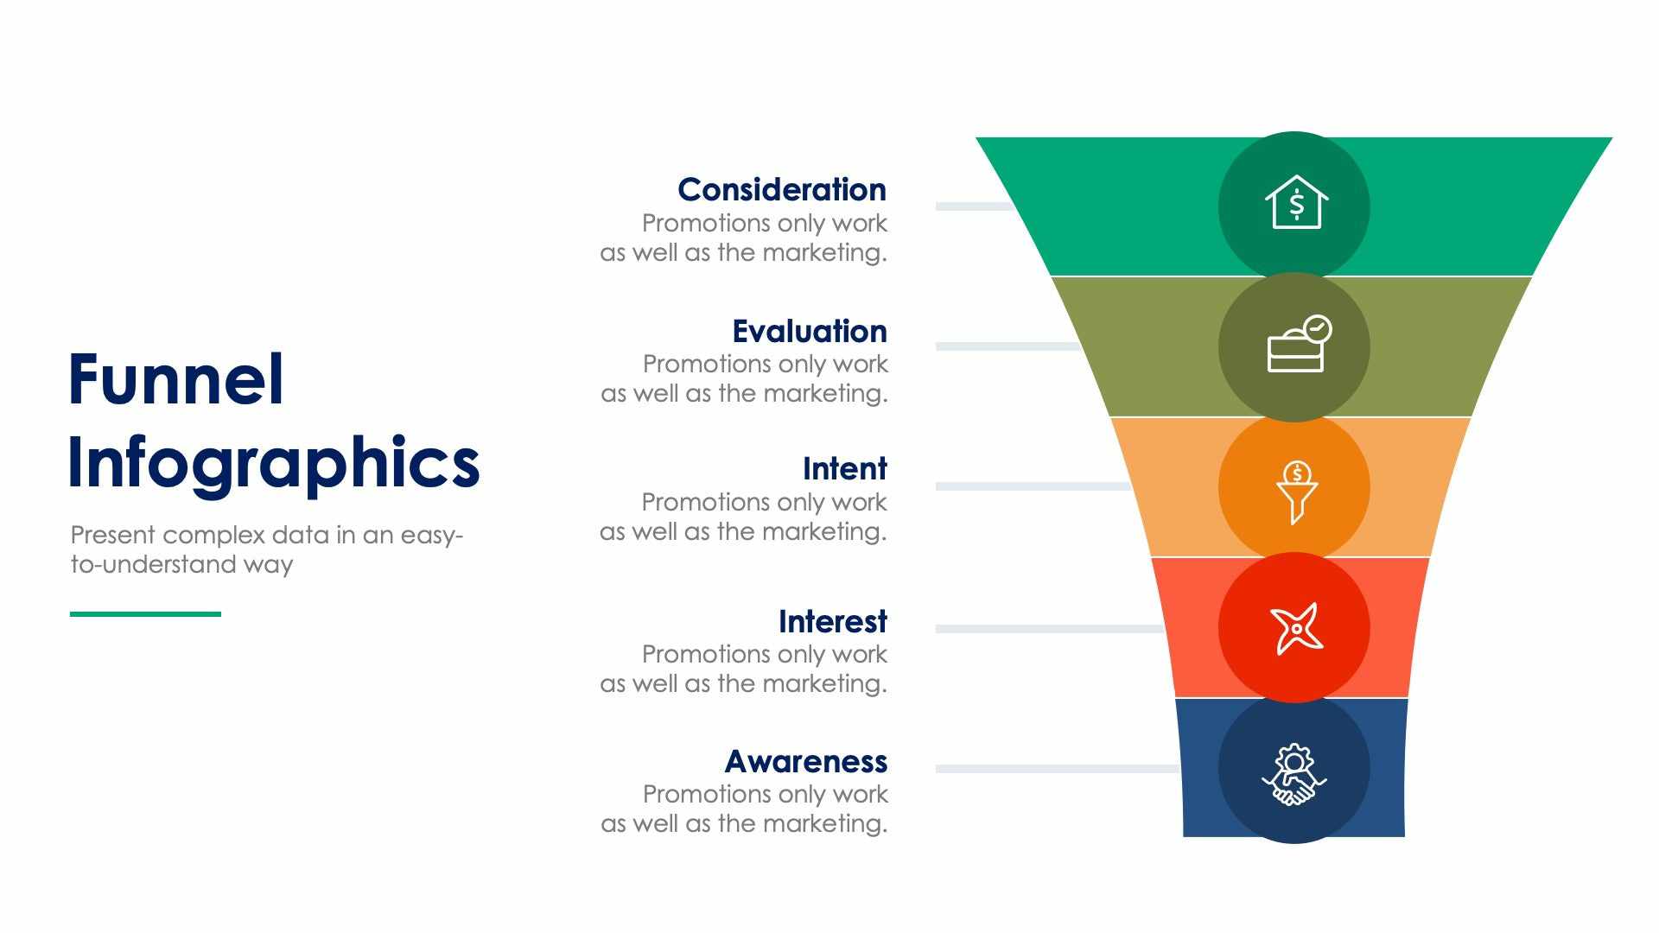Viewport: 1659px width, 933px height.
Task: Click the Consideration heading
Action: click(x=781, y=189)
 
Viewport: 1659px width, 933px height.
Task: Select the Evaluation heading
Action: click(x=809, y=331)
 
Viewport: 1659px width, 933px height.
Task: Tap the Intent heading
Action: click(x=844, y=468)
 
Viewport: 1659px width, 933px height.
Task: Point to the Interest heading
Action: click(x=832, y=621)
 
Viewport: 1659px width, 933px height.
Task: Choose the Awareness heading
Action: click(x=805, y=761)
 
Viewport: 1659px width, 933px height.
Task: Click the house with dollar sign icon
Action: click(x=1295, y=204)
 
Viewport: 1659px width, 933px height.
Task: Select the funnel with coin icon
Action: click(x=1296, y=491)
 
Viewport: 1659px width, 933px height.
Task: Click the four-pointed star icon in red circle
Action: click(x=1295, y=627)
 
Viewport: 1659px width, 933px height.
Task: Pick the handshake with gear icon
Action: click(x=1294, y=775)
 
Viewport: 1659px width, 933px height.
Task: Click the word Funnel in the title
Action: click(x=175, y=380)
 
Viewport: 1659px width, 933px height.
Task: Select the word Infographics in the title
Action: click(x=273, y=463)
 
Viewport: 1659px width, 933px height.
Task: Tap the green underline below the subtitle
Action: click(x=145, y=614)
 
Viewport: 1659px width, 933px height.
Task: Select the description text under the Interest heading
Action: click(x=744, y=669)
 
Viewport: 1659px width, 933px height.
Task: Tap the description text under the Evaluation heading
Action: click(x=745, y=378)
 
